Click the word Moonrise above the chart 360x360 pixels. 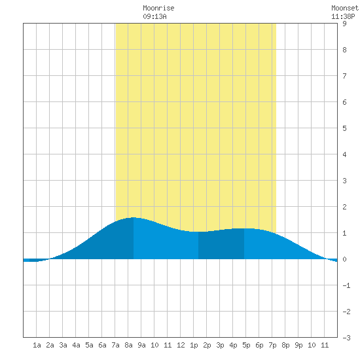click(158, 8)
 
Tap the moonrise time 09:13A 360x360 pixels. click(154, 16)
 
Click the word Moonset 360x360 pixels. click(345, 8)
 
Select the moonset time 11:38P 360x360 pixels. click(343, 16)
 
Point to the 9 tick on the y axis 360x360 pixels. click(344, 24)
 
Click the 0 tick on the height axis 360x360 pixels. click(344, 259)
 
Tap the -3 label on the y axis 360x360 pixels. click(346, 338)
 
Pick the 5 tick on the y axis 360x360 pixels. click(344, 128)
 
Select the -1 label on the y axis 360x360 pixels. click(346, 285)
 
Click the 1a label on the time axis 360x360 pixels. click(37, 345)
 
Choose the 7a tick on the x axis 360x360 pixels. click(115, 345)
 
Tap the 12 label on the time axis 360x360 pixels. click(181, 345)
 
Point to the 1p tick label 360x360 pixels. click(194, 345)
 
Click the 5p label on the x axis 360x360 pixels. click(246, 345)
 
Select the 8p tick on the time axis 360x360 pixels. click(285, 345)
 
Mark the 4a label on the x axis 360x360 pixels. click(76, 345)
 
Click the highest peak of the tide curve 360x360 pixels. click(134, 217)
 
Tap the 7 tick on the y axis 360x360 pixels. click(344, 76)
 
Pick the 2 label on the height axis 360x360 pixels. click(344, 207)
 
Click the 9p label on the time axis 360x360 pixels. click(298, 345)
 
